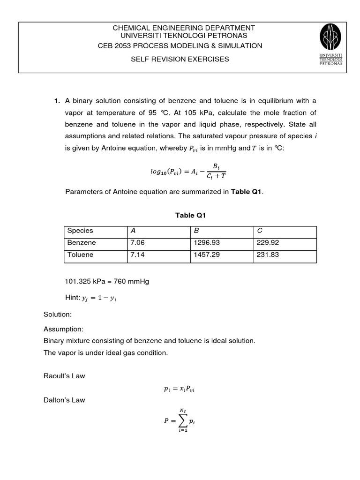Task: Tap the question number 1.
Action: pyautogui.click(x=57, y=101)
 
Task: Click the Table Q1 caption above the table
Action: pyautogui.click(x=191, y=215)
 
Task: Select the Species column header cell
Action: pyautogui.click(x=81, y=231)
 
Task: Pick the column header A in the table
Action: pyautogui.click(x=133, y=231)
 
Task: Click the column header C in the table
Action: pyautogui.click(x=259, y=231)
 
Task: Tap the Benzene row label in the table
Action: pyautogui.click(x=82, y=243)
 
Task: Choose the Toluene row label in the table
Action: pyautogui.click(x=81, y=255)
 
